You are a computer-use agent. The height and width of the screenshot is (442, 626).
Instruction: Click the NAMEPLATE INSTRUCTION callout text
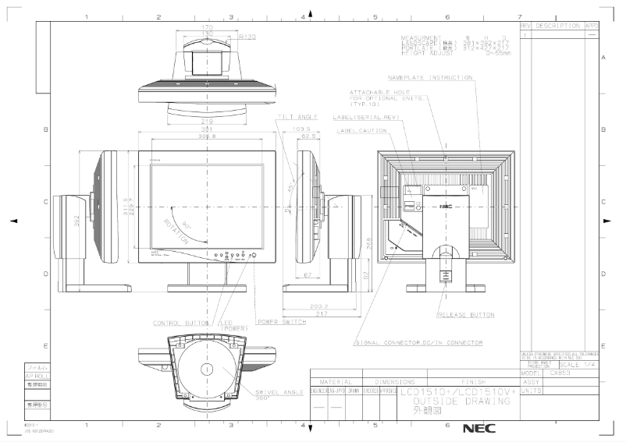tap(430, 78)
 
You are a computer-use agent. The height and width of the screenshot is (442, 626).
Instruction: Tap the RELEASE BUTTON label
tap(466, 316)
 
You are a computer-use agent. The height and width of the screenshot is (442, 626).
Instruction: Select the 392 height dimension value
tap(77, 221)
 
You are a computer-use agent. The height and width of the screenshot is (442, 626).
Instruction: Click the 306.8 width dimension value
tap(207, 136)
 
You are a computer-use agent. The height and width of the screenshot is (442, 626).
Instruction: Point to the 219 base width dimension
tap(207, 122)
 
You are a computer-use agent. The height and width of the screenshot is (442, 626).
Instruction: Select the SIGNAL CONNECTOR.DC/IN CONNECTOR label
tap(418, 342)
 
